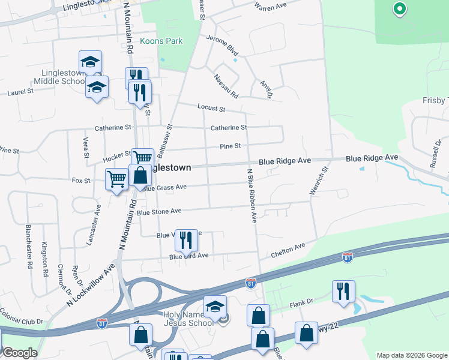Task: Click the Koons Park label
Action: coord(161,41)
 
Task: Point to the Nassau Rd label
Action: coord(226,86)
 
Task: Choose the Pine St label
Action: coord(230,146)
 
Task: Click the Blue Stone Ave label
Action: coord(158,212)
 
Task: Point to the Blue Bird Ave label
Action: coord(188,256)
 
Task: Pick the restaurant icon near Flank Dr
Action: coord(343,291)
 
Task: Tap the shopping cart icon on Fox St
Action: coord(116,178)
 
